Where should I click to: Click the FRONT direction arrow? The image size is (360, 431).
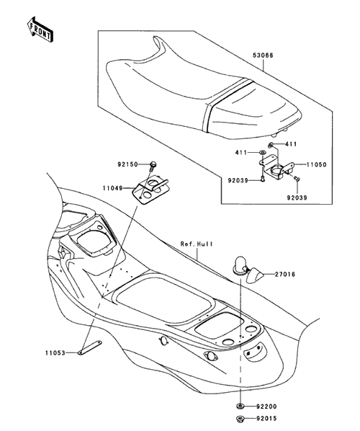tap(40, 30)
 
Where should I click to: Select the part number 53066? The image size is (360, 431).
tap(263, 55)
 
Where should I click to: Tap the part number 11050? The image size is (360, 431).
tap(316, 164)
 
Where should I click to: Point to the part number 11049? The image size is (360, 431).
tap(112, 188)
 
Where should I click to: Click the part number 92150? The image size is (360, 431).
tap(127, 164)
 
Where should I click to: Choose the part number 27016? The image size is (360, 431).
tap(285, 275)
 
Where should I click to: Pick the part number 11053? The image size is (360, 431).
tap(55, 352)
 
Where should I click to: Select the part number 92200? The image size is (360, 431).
tap(266, 406)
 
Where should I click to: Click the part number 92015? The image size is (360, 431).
tap(266, 419)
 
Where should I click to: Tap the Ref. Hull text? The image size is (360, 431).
tap(197, 244)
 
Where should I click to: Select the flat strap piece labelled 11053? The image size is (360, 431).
tap(90, 347)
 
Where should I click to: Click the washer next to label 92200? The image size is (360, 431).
tap(240, 406)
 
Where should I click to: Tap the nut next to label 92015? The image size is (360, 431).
tap(240, 419)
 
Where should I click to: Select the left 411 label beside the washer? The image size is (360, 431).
tap(240, 152)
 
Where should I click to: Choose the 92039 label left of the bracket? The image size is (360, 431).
tap(238, 180)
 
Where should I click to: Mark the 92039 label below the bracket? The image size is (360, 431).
tap(297, 197)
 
